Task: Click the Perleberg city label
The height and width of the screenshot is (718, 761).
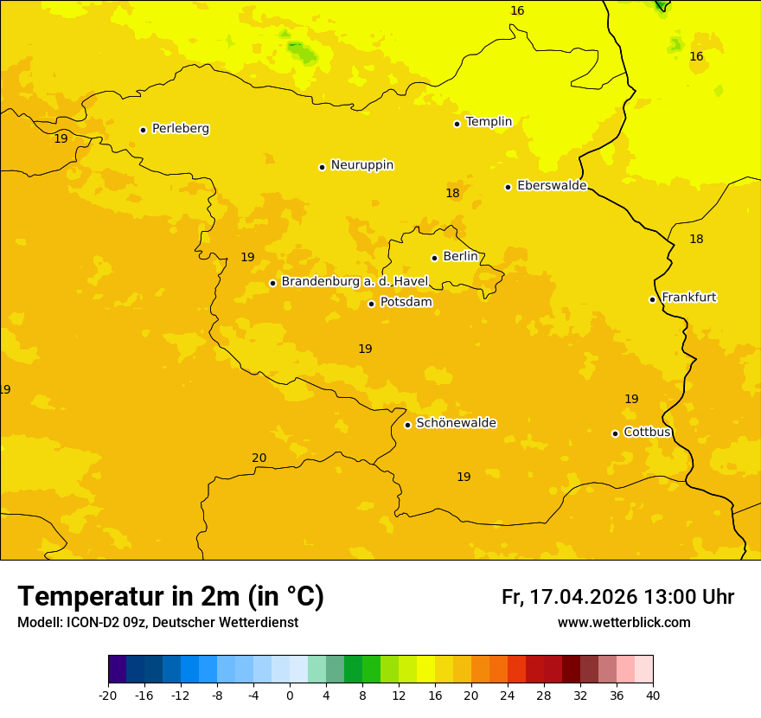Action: tap(180, 129)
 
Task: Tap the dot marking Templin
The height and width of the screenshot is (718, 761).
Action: tap(457, 124)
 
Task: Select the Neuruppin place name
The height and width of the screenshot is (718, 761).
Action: tap(361, 165)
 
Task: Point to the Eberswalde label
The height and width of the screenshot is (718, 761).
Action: tap(551, 186)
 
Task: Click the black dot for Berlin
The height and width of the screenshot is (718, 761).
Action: tap(434, 258)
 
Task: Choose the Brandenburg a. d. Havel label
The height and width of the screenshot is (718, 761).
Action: tap(355, 282)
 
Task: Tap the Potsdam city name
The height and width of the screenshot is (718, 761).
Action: tap(406, 303)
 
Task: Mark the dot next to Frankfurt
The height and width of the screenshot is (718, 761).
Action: tap(652, 299)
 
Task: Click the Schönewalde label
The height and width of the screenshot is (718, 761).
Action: tap(456, 423)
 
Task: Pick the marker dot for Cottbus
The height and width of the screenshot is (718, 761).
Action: tap(615, 433)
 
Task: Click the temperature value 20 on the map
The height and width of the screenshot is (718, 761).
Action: tap(259, 458)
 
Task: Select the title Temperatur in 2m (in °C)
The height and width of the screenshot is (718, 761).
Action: tap(170, 597)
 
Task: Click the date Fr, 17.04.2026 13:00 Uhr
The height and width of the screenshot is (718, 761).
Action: tap(617, 598)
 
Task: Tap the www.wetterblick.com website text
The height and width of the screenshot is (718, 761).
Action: tap(624, 623)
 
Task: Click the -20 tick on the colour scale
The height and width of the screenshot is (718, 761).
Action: tap(108, 696)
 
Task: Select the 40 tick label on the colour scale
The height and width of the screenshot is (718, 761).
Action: tap(653, 696)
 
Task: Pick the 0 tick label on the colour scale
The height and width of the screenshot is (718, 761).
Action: tap(290, 696)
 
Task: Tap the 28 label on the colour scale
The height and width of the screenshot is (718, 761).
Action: tap(544, 696)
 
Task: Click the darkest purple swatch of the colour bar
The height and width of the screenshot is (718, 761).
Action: tap(117, 670)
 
